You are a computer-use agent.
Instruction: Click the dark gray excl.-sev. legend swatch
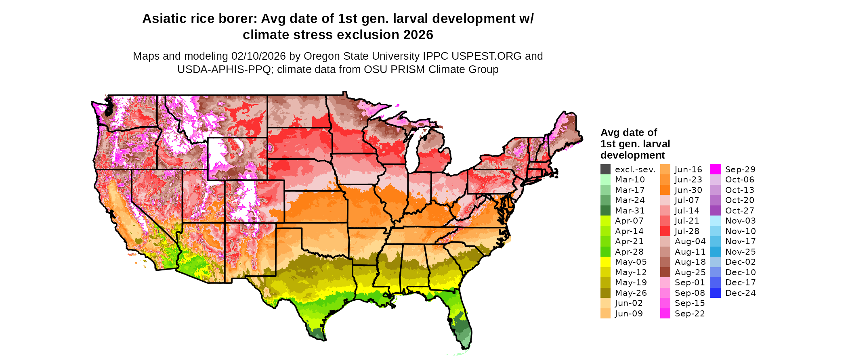[x=605, y=170]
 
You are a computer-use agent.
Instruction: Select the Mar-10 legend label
[x=630, y=180]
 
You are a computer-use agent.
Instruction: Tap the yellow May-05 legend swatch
[x=605, y=262]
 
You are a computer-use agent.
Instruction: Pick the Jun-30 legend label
[x=688, y=190]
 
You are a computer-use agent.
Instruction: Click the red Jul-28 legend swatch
[x=665, y=231]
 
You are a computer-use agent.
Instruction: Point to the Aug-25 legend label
[x=690, y=272]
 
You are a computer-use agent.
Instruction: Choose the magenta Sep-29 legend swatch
[x=715, y=170]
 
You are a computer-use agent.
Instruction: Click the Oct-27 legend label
[x=739, y=211]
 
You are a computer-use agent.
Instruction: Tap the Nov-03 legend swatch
[x=715, y=221]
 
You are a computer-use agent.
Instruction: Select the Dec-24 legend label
[x=740, y=293]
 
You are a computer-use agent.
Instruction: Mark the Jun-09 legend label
[x=629, y=314]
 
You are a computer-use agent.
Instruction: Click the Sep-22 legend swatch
[x=665, y=314]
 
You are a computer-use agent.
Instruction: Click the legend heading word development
[x=632, y=155]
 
